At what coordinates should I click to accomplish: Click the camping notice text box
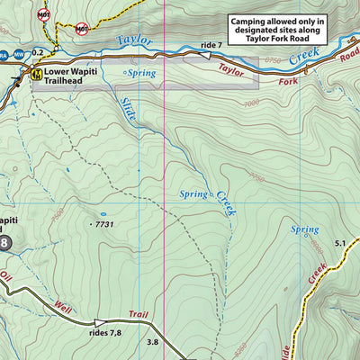point(282,32)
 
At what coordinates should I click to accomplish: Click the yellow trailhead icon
point(37,73)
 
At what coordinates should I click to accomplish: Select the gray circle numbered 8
point(4,242)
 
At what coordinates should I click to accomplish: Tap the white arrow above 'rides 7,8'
point(100,321)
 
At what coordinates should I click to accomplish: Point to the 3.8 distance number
point(153,341)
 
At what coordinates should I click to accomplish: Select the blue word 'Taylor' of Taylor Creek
point(136,40)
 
